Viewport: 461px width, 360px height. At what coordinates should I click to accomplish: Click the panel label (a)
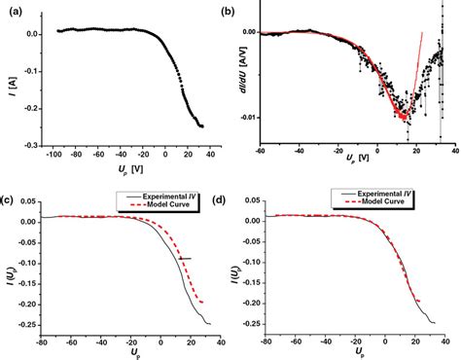tap(10, 12)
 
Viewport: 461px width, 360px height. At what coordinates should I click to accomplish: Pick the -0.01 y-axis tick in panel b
tap(248, 117)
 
